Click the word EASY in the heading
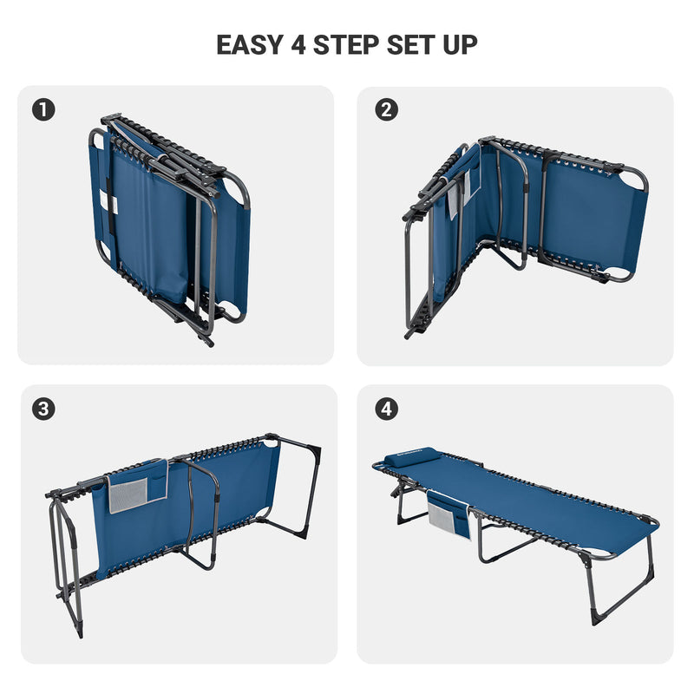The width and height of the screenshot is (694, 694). click(x=250, y=45)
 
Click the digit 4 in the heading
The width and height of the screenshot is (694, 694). click(x=298, y=45)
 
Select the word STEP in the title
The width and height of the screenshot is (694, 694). click(x=346, y=45)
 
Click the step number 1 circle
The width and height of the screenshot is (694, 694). click(x=43, y=110)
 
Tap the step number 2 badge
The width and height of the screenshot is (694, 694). click(x=386, y=110)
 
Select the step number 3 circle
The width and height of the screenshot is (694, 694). click(x=43, y=409)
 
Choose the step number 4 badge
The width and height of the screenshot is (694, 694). click(x=386, y=409)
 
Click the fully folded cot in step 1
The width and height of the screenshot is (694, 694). click(x=169, y=228)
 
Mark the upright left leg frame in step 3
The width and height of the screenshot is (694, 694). click(x=67, y=562)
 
